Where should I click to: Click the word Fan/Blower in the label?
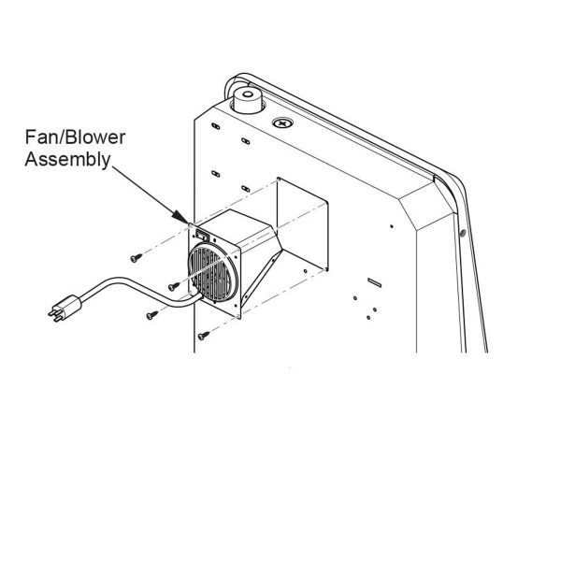[x=75, y=137]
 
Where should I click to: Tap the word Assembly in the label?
[x=67, y=159]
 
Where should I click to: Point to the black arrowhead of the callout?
[x=179, y=216]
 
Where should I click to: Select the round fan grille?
[x=213, y=272]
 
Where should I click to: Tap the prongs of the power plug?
[x=54, y=314]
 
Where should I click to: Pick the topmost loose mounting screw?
[x=137, y=258]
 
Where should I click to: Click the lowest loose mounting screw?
[x=204, y=336]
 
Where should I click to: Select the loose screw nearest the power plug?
[x=152, y=315]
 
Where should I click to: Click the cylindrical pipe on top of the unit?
[x=248, y=100]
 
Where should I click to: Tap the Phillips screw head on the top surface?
[x=282, y=123]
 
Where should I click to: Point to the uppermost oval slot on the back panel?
[x=215, y=126]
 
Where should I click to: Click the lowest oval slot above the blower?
[x=245, y=189]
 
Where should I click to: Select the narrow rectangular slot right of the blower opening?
[x=374, y=282]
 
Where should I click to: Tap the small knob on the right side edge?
[x=462, y=233]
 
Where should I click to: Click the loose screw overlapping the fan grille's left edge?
[x=174, y=286]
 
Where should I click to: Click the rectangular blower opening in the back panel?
[x=303, y=223]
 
